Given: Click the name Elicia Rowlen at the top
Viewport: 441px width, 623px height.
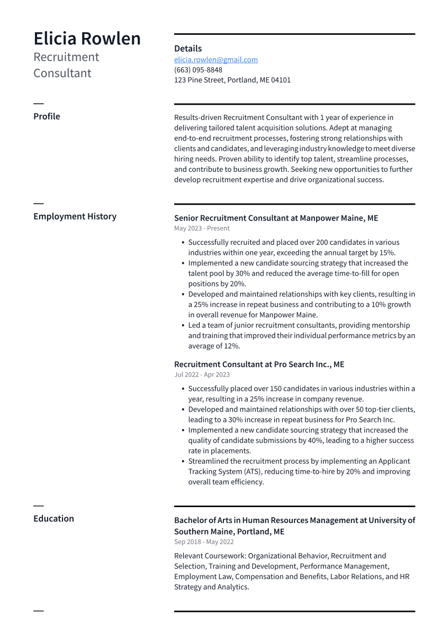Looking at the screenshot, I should [x=87, y=39].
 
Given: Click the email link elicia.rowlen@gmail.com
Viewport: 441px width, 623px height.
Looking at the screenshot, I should [x=216, y=60].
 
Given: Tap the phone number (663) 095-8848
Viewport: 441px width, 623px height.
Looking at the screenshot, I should [x=198, y=70].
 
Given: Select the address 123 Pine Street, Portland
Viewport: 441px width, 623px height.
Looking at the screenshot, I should [x=232, y=80].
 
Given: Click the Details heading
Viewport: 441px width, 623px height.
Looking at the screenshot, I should [x=188, y=49].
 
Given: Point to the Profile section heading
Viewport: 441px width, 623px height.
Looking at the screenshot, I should [x=47, y=116].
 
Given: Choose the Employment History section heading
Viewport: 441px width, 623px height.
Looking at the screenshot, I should [x=75, y=216].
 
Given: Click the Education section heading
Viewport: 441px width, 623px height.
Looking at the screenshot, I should [x=53, y=519].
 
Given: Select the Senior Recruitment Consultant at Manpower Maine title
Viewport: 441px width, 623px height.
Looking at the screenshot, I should [x=276, y=218].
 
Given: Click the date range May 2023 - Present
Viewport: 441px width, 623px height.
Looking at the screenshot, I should [x=202, y=228].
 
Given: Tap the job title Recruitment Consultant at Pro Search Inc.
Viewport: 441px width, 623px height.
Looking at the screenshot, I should [x=259, y=364].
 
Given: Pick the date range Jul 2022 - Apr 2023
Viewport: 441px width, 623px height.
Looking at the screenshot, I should [x=202, y=375].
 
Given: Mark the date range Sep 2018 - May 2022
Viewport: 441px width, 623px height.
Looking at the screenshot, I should [x=204, y=542].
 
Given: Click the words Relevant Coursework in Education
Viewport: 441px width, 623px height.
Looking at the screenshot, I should [x=210, y=556].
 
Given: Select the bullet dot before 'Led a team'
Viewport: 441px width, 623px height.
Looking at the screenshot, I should [x=183, y=326].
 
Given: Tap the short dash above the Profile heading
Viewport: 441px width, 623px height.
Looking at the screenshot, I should [x=39, y=104].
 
